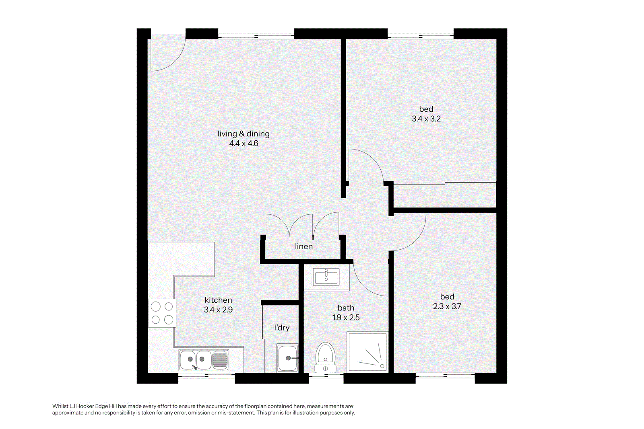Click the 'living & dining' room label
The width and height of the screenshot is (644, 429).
[x=244, y=134]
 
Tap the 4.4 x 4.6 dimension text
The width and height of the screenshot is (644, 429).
[x=244, y=143]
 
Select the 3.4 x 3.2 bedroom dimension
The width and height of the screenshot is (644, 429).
[x=426, y=119]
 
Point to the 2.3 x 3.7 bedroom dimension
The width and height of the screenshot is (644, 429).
[x=447, y=306]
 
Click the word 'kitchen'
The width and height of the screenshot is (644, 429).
[x=218, y=300]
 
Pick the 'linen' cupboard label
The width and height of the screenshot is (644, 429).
[x=304, y=246]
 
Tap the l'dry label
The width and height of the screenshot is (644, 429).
[x=282, y=328]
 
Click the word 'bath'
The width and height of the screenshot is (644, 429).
[x=346, y=308]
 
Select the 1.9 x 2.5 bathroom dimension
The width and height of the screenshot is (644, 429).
[x=346, y=317]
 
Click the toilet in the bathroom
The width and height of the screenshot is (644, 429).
[x=326, y=357]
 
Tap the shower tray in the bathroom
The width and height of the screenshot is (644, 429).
[x=367, y=352]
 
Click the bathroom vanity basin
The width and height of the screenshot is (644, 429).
[x=326, y=277]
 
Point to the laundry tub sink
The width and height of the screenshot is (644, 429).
[x=287, y=358]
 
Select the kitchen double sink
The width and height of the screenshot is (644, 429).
[x=204, y=360]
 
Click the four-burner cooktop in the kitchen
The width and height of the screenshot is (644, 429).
[x=162, y=313]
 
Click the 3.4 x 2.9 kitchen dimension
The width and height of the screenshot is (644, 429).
[x=218, y=310]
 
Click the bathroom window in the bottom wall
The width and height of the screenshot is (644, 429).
[x=326, y=375]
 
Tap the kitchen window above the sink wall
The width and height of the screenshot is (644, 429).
[x=206, y=375]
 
